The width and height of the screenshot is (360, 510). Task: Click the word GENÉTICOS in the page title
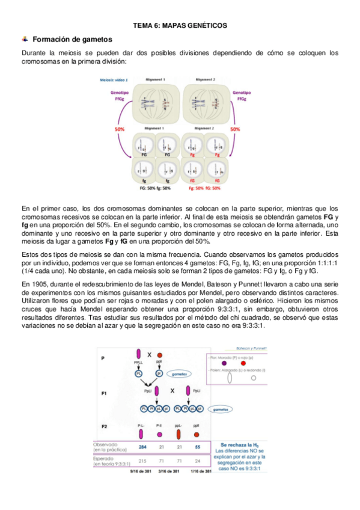click(206, 26)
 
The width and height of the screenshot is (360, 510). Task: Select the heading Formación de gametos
click(72, 39)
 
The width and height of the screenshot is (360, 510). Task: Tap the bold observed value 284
click(142, 447)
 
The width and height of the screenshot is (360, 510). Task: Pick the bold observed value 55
click(198, 447)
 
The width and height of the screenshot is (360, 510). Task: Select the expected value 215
click(142, 461)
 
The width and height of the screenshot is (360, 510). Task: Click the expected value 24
click(198, 461)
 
